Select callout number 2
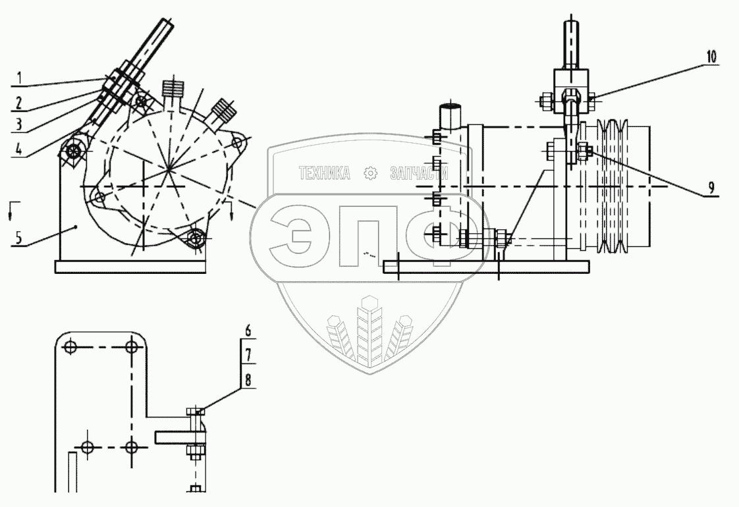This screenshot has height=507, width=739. [x=20, y=102]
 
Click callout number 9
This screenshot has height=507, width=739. [x=711, y=188]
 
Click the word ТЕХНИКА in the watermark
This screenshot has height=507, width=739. [x=323, y=173]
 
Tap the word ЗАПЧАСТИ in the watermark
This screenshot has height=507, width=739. [x=419, y=173]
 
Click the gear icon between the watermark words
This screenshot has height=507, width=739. [x=370, y=173]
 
